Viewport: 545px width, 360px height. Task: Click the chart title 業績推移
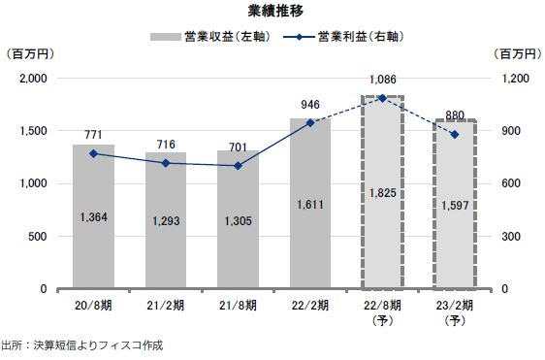tap(272, 12)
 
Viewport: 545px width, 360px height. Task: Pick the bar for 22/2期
tap(310, 204)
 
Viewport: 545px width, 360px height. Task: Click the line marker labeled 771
tap(94, 153)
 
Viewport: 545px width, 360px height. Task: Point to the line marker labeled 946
tap(310, 123)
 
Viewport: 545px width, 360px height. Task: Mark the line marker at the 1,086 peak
tap(382, 98)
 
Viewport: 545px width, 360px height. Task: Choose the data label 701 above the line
tap(238, 147)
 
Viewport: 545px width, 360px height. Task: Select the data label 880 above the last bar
tap(454, 113)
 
